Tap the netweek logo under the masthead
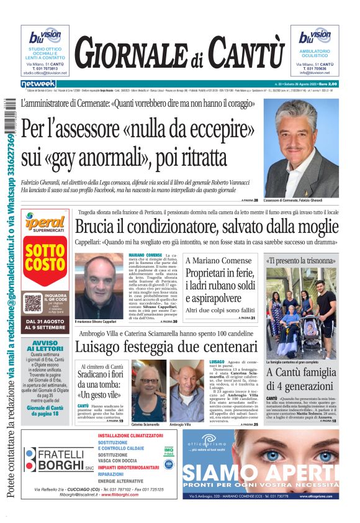(x=38, y=84)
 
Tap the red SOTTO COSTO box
(x=45, y=260)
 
